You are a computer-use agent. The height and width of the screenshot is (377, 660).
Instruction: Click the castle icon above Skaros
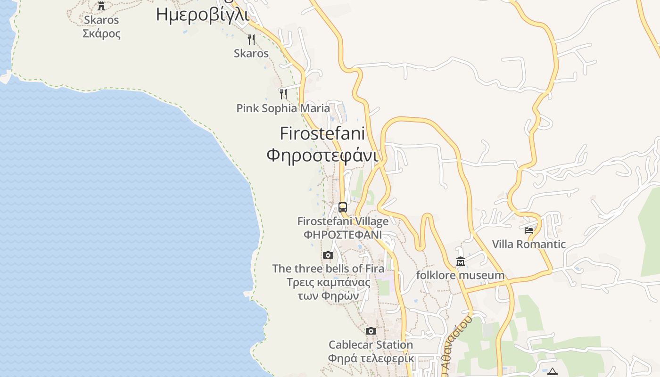coord(101,6)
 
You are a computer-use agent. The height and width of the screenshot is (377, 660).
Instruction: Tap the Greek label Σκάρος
coord(101,34)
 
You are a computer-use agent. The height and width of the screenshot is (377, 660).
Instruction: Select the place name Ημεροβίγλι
coord(202,15)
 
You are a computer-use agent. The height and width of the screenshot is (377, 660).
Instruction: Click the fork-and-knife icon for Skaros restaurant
coord(251,40)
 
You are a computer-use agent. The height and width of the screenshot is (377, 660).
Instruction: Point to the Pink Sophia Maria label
coord(283,108)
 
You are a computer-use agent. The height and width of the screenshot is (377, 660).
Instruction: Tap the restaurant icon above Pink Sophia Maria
coord(283,94)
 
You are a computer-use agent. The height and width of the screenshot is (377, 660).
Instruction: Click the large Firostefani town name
coord(322,133)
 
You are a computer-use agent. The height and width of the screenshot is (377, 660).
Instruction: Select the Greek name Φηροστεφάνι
coord(322,155)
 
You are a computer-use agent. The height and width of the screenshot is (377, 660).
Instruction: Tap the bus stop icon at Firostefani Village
coord(343,207)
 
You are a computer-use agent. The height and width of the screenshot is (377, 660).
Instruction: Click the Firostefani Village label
coord(343,221)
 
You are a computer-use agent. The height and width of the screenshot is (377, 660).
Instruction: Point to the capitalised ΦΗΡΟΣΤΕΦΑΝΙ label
coord(343,235)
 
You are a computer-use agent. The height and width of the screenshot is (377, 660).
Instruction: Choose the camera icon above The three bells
coord(328,255)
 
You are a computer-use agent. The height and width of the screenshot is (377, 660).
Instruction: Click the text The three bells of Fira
coord(328,269)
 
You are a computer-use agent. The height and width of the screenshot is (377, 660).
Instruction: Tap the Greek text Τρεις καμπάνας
coord(328,282)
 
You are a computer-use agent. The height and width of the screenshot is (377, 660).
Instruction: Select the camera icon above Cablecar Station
coord(371,331)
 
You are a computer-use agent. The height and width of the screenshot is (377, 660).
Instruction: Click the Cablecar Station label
coord(371,345)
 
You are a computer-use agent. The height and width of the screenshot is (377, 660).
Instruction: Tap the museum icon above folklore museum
coord(461,262)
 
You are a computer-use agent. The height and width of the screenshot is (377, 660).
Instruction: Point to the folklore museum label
coord(460,275)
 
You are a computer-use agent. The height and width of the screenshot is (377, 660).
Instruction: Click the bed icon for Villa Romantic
coord(529,230)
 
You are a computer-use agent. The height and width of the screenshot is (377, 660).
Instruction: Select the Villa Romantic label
coord(529,244)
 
